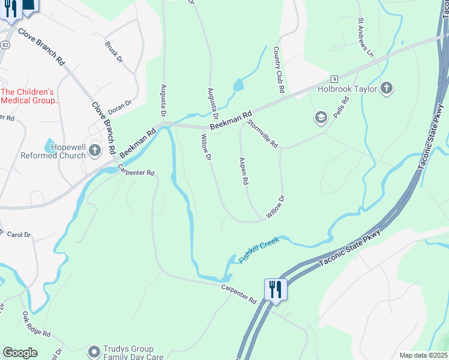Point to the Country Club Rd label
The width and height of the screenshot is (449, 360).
[278, 70]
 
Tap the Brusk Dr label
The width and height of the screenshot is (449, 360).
[113, 52]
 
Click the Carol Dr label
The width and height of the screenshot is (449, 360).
[19, 235]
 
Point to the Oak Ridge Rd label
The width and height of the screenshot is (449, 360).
[37, 325]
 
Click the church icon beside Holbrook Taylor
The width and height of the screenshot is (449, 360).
[387, 89]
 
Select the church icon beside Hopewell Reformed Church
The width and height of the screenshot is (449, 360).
[94, 150]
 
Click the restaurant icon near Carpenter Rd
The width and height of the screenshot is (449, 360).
[275, 289]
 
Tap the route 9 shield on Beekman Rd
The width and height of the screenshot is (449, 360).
[334, 79]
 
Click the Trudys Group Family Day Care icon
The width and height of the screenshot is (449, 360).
[94, 351]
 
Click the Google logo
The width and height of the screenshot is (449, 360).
[20, 353]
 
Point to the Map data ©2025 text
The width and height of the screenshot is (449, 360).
[423, 355]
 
